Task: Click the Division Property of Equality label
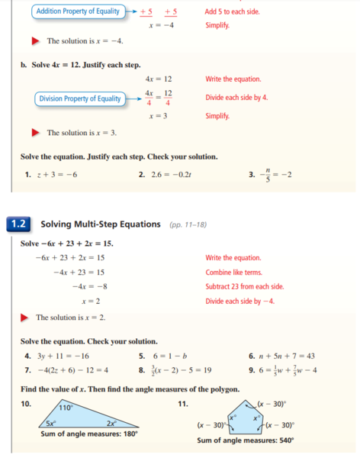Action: click(80, 98)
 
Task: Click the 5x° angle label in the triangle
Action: click(50, 422)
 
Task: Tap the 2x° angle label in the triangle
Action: click(111, 422)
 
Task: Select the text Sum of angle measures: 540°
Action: click(245, 440)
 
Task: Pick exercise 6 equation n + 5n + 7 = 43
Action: click(290, 356)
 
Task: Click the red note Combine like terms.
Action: click(233, 272)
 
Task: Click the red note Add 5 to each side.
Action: click(232, 11)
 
